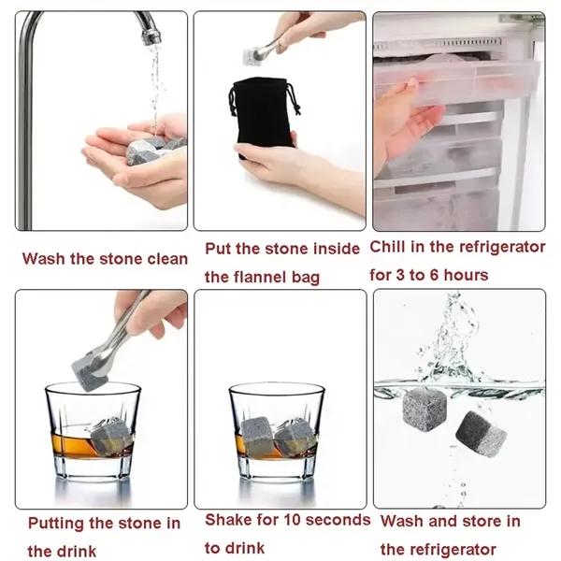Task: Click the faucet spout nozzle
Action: click(x=151, y=36)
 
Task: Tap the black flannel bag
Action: click(x=263, y=114)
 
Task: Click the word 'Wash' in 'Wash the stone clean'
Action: click(x=44, y=259)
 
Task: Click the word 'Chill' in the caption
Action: click(x=388, y=247)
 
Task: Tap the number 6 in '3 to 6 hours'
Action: click(x=434, y=275)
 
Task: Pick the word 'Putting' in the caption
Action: click(x=56, y=525)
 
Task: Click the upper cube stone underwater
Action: click(x=424, y=410)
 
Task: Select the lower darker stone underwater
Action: click(x=481, y=435)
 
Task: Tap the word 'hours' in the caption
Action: click(x=466, y=275)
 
